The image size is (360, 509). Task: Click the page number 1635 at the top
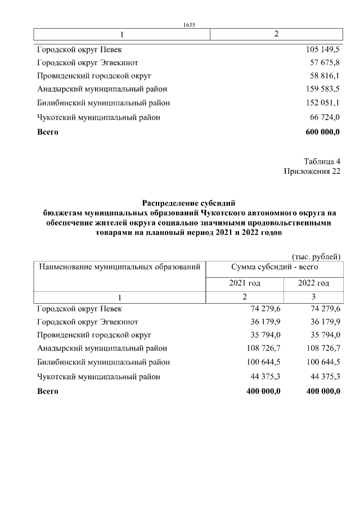tap(188, 24)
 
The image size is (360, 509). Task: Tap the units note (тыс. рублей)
tap(316, 256)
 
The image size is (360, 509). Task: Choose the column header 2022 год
tap(313, 283)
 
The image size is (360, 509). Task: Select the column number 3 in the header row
tap(313, 296)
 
